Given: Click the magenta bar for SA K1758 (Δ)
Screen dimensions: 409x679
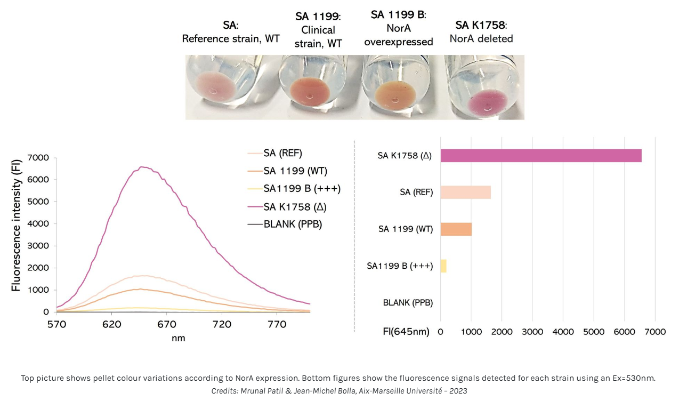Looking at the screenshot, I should (540, 155).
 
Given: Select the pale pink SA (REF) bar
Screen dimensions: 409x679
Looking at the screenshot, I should (465, 192).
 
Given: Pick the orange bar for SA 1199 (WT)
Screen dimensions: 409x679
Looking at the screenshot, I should (456, 229).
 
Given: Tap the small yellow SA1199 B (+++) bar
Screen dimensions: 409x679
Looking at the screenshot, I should (443, 266).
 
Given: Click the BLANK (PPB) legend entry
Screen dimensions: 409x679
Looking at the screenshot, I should (293, 224).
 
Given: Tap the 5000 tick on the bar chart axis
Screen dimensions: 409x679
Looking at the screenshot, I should (594, 332).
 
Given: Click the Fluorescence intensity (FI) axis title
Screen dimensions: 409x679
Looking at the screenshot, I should (16, 224).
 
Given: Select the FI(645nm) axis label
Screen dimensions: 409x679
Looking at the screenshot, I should (406, 332).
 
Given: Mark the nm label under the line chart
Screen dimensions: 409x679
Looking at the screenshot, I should (179, 338).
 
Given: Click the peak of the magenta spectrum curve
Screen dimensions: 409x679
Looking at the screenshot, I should (142, 167).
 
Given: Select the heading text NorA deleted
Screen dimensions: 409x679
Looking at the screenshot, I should (481, 38).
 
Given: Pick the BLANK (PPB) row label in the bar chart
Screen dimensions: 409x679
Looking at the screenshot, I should (408, 303).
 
